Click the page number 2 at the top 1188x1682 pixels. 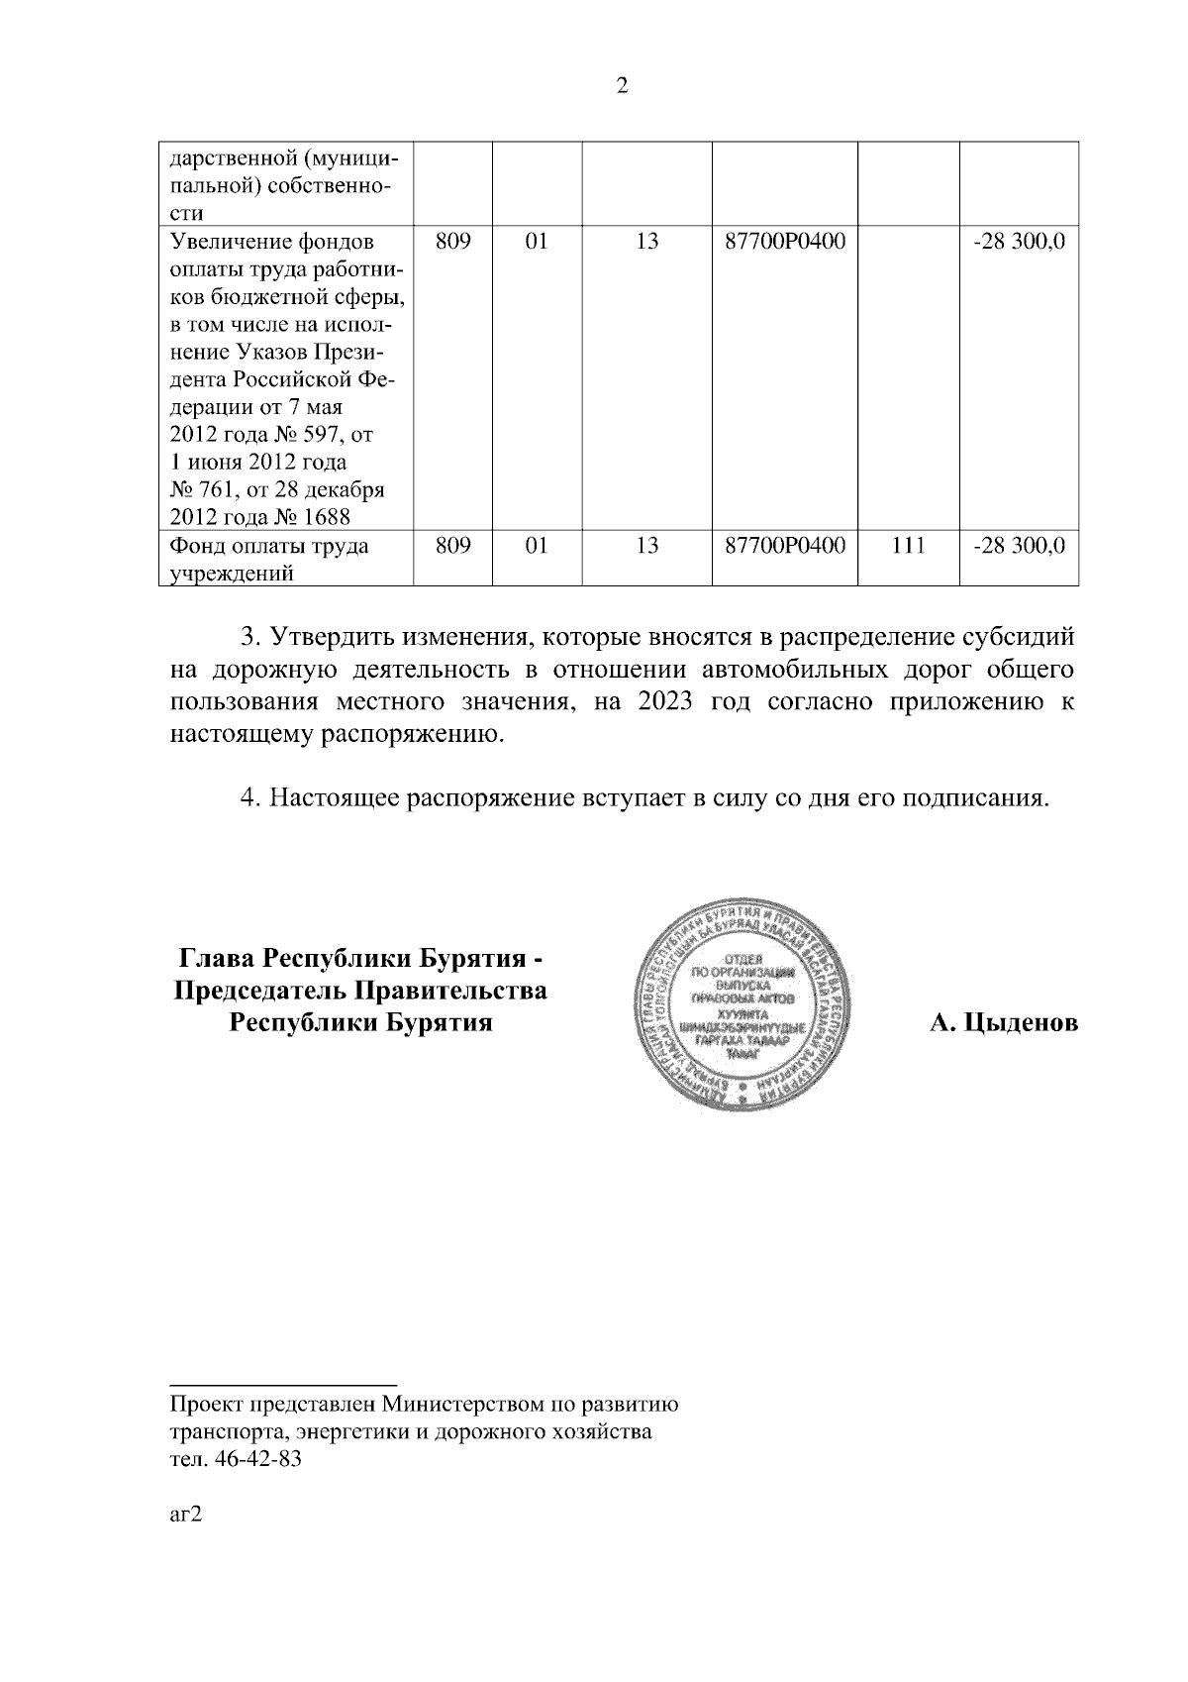[x=622, y=86]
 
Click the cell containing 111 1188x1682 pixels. [x=908, y=546]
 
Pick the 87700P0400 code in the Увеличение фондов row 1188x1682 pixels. [x=785, y=242]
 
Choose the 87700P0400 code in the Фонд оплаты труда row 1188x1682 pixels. [x=785, y=546]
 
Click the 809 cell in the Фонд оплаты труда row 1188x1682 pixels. [x=451, y=546]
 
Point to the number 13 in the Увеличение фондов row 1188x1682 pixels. [x=646, y=242]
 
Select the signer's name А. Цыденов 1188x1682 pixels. [x=1003, y=1023]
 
